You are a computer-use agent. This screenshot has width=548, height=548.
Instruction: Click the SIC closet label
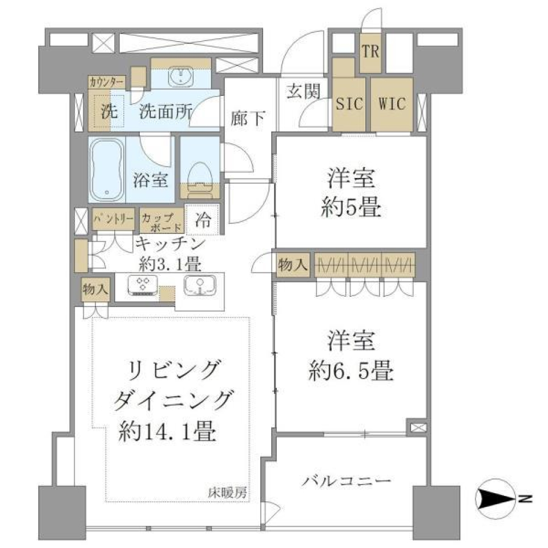(x=348, y=104)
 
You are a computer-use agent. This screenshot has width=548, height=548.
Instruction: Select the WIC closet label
(x=392, y=104)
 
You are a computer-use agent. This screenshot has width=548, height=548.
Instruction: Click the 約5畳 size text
(x=350, y=208)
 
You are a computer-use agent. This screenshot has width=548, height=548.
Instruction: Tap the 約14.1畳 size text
(x=167, y=433)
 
